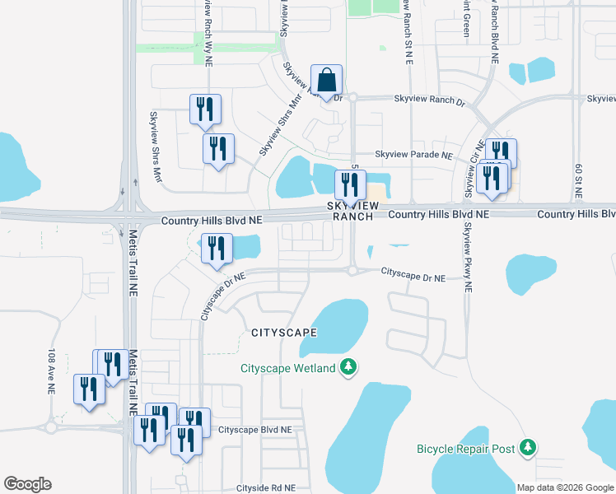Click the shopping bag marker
(327, 81)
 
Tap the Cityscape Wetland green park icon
(348, 366)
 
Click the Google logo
(27, 484)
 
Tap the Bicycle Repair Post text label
(465, 450)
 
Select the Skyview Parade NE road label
(413, 155)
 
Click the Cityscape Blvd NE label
(255, 430)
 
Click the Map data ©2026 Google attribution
(565, 487)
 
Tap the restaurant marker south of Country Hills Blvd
(217, 249)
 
